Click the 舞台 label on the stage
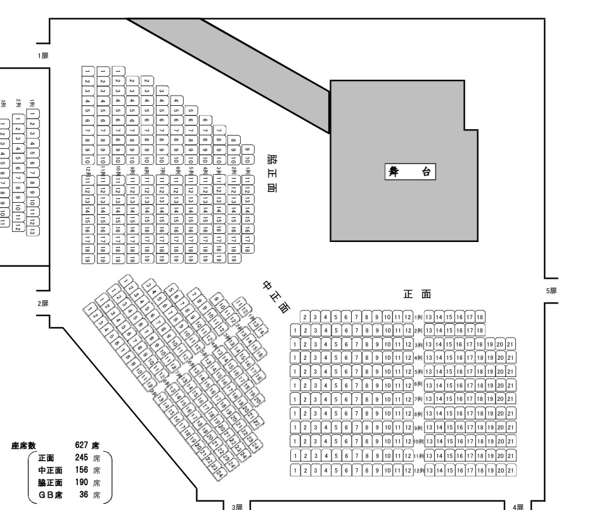tap(410, 172)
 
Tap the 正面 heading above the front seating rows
tap(417, 294)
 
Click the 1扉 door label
tap(43, 56)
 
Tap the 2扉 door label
tap(43, 303)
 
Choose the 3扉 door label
tap(236, 506)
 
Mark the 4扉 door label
tap(518, 506)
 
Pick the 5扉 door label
tap(551, 291)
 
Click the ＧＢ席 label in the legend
tap(50, 494)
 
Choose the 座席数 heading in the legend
tap(25, 447)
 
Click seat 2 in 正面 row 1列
tap(306, 317)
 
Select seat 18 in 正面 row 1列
tap(480, 317)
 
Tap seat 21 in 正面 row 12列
tap(511, 470)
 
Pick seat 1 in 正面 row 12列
tap(295, 470)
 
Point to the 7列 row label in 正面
tap(418, 400)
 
